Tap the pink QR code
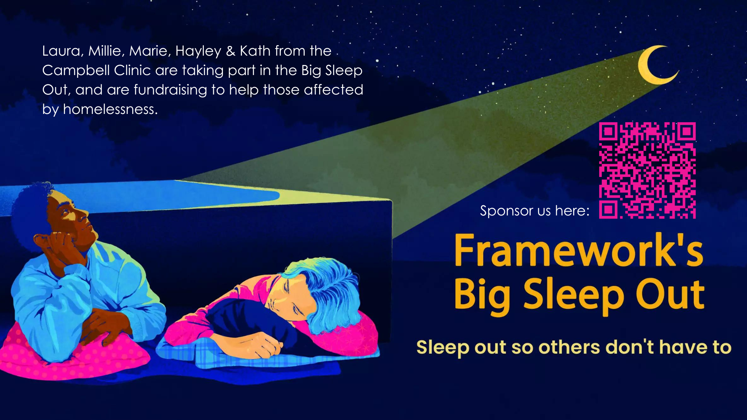[647, 170]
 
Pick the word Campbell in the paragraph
[76, 70]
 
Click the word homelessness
[110, 109]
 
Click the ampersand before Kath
[231, 51]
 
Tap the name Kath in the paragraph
[255, 51]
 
